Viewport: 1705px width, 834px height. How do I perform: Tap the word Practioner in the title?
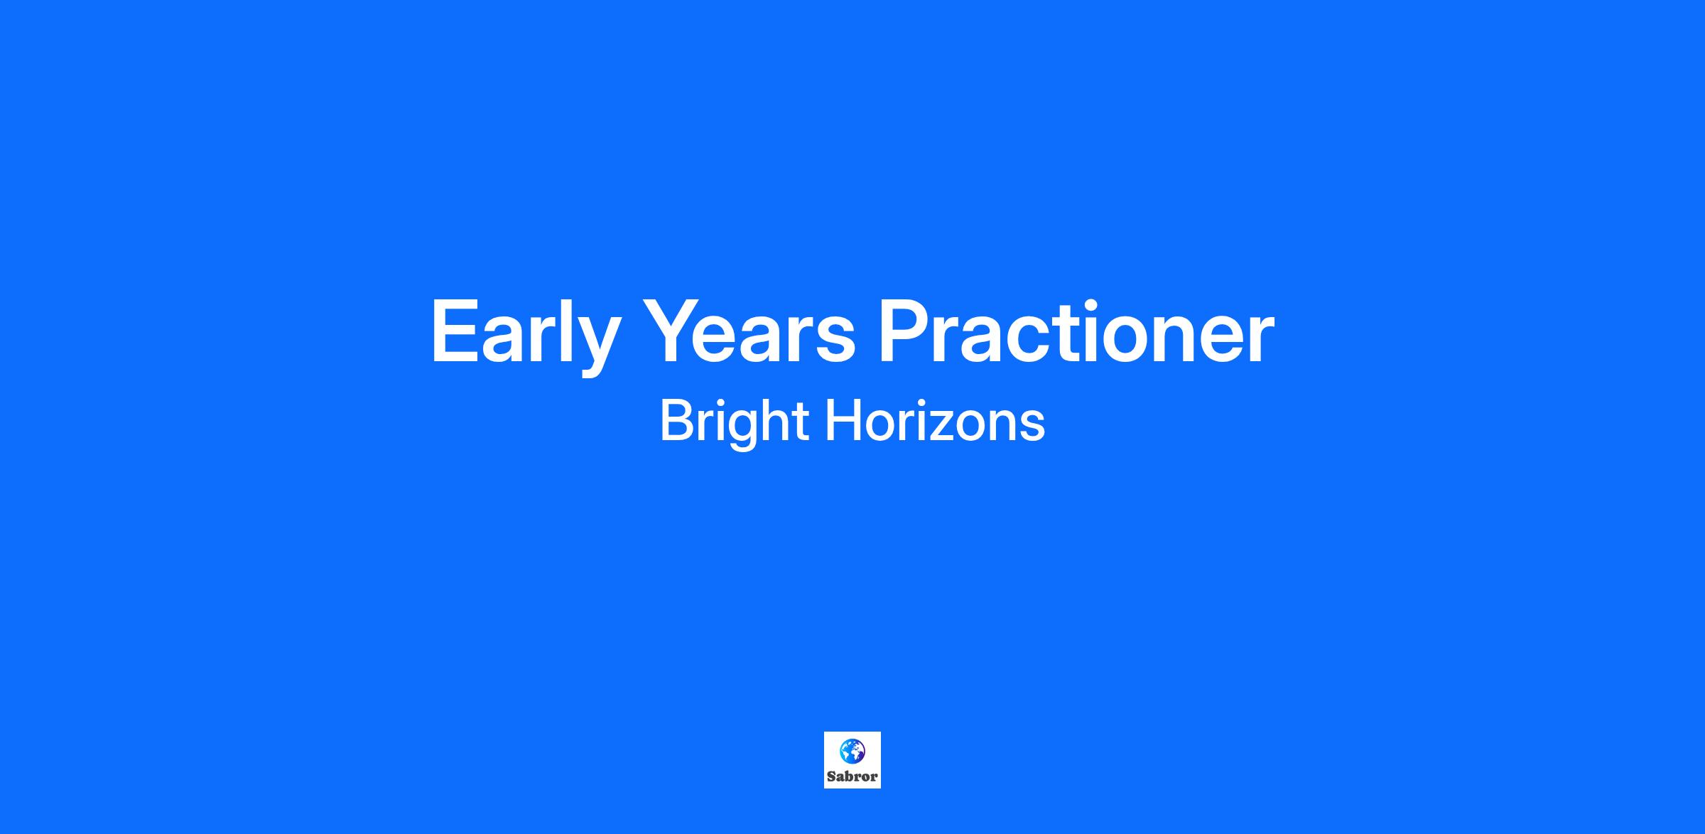(1076, 331)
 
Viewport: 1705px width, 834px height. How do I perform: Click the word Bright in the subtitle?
(734, 422)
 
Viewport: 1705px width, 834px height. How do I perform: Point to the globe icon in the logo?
(852, 750)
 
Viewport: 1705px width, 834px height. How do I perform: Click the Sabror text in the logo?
(852, 776)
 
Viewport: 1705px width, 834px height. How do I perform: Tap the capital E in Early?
(455, 331)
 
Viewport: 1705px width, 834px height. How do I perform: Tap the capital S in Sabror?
(831, 776)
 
